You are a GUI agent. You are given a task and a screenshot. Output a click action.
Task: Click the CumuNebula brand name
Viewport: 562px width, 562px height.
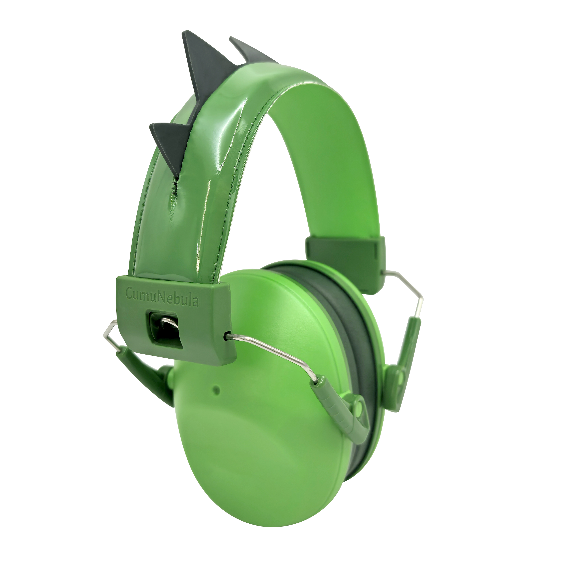pyautogui.click(x=162, y=293)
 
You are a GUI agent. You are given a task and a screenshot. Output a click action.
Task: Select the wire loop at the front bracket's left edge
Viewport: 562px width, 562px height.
pyautogui.click(x=110, y=335)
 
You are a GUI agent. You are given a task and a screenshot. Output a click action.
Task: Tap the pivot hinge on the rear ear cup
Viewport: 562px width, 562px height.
pyautogui.click(x=400, y=378)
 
